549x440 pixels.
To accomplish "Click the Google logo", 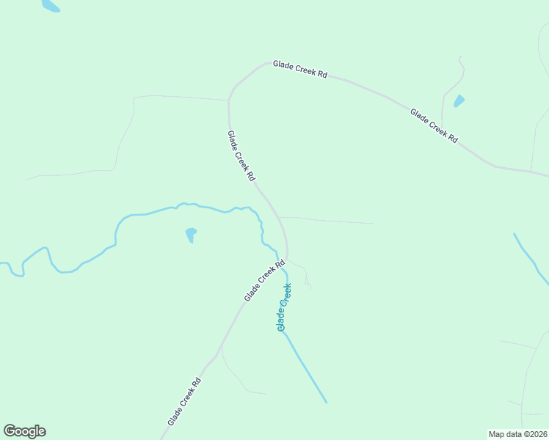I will pos(25,431).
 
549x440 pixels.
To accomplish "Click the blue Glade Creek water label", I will pos(284,307).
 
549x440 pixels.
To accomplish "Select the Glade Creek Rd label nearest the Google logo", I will pos(184,401).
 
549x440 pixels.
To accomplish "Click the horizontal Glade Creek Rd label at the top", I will pos(299,70).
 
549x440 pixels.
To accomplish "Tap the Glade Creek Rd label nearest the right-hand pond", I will pos(434,125).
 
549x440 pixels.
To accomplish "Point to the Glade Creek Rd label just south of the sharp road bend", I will pos(241,155).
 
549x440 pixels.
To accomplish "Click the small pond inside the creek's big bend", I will pos(191,234).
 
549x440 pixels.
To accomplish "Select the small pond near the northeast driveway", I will pos(459,100).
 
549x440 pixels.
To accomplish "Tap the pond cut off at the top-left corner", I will pos(50,6).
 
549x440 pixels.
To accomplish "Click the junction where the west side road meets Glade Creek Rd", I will pos(228,100).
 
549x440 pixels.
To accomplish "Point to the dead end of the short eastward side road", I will pos(373,223).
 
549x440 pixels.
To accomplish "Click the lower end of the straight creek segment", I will pos(326,402).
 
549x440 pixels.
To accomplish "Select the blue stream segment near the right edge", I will pos(531,257).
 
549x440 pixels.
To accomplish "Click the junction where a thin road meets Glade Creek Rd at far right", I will pos(531,172).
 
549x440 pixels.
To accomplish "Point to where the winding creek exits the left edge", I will pos(2,263).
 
